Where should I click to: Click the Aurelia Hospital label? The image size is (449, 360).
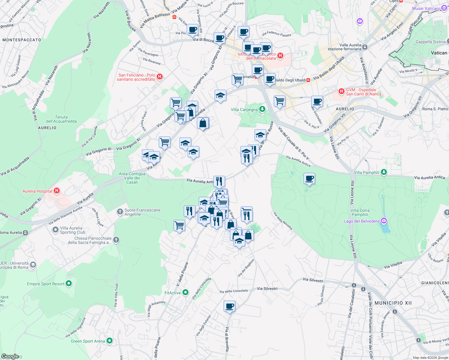(x=38, y=191)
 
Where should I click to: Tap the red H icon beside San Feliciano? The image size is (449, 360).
(x=160, y=76)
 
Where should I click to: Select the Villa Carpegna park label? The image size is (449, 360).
(x=244, y=109)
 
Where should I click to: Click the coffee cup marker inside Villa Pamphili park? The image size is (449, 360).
(x=309, y=179)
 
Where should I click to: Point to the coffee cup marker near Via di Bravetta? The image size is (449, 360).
(x=229, y=306)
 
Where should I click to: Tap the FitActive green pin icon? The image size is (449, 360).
(x=185, y=292)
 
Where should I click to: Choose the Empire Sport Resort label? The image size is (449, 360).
(x=46, y=284)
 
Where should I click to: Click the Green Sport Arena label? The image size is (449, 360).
(x=88, y=341)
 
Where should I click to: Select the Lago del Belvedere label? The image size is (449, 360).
(x=362, y=221)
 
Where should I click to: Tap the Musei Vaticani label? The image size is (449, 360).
(x=426, y=8)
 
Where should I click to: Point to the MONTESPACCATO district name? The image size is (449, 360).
(x=22, y=40)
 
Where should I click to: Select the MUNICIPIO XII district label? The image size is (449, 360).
(x=393, y=303)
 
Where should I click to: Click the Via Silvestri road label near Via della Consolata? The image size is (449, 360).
(x=267, y=289)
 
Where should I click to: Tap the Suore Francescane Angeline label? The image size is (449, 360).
(x=142, y=212)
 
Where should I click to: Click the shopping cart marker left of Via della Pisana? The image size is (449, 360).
(x=179, y=225)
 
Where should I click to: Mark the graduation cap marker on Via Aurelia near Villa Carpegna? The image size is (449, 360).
(x=220, y=96)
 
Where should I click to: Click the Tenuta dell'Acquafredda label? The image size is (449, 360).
(x=61, y=119)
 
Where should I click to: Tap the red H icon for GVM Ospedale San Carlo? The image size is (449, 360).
(x=341, y=91)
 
